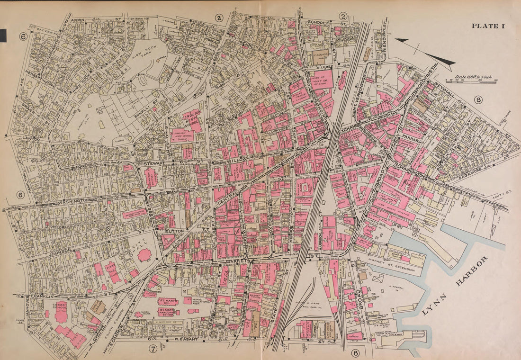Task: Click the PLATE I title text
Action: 488,26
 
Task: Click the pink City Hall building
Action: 144,255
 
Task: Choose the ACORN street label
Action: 78,21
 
